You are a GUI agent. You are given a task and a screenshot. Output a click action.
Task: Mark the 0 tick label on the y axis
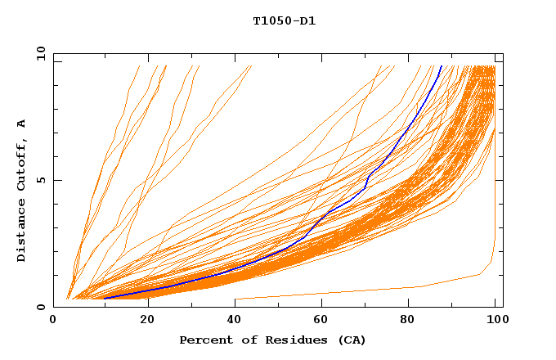click(41, 307)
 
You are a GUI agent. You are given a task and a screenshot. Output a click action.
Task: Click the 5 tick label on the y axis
click(41, 180)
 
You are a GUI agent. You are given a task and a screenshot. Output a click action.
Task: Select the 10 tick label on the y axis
click(39, 53)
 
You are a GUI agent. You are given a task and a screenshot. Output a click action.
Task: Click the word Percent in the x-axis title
click(204, 340)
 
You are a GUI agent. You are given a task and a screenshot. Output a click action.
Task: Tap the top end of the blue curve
click(442, 66)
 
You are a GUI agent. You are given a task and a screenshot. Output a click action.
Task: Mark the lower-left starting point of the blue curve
click(105, 298)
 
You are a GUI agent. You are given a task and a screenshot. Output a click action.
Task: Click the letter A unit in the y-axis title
click(21, 124)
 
